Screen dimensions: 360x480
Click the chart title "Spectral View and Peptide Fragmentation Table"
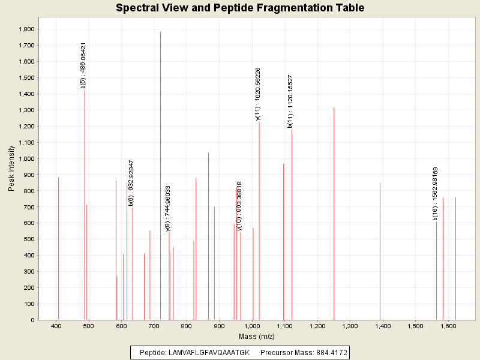pos(240,8)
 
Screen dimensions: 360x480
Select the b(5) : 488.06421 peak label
pos(83,65)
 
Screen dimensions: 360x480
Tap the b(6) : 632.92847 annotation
pos(131,183)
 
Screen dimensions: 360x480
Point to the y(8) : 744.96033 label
pos(168,208)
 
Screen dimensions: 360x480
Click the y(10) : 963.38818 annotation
pos(239,206)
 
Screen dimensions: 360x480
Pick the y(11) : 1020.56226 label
pos(258,94)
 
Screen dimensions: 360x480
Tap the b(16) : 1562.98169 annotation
pos(436,194)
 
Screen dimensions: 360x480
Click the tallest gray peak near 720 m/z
pos(160,180)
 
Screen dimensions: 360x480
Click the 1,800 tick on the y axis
pos(26,29)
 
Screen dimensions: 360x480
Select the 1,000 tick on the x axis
pos(252,326)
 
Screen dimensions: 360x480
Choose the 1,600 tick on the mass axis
pos(448,326)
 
